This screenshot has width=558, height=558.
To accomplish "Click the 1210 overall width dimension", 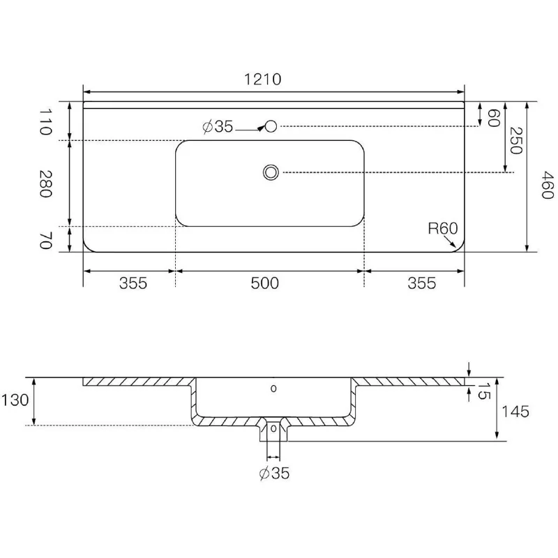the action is click(x=263, y=79).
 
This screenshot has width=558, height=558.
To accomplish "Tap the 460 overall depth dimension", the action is click(x=548, y=185).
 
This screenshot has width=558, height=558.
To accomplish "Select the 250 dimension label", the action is click(x=515, y=140).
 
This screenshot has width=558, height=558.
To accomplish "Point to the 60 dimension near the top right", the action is click(x=494, y=118).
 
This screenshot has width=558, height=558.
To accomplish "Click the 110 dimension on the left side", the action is click(x=45, y=121).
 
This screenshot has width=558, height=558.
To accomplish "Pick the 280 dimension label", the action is click(x=45, y=183).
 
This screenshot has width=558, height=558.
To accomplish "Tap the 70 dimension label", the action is click(x=45, y=240).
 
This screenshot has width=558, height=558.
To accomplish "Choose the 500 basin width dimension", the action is click(x=265, y=283).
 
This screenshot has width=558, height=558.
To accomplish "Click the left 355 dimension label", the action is click(x=133, y=283).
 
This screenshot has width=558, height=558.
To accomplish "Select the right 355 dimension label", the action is click(x=422, y=283).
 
